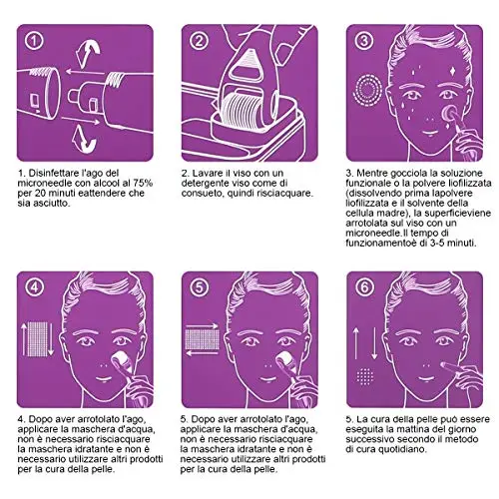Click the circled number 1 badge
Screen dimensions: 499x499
(x=34, y=41)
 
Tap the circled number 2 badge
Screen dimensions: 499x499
(x=199, y=41)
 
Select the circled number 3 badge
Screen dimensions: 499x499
(x=363, y=41)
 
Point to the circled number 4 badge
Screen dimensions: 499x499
(x=34, y=287)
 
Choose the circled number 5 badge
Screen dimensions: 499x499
(x=199, y=287)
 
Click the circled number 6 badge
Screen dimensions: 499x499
(x=363, y=287)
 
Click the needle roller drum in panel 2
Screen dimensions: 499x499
(x=243, y=110)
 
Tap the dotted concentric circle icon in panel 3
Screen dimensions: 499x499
(x=367, y=89)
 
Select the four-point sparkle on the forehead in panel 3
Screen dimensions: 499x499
(x=452, y=72)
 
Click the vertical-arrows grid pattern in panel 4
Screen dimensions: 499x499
(x=37, y=338)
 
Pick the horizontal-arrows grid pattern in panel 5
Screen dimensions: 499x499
(x=202, y=339)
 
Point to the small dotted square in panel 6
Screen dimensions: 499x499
(x=365, y=376)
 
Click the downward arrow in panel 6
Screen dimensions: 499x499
(x=374, y=343)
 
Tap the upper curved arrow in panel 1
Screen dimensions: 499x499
(x=87, y=52)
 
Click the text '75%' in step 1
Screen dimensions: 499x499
(x=143, y=183)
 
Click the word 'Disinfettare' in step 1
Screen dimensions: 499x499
(x=54, y=173)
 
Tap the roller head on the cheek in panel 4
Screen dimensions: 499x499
(x=116, y=361)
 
